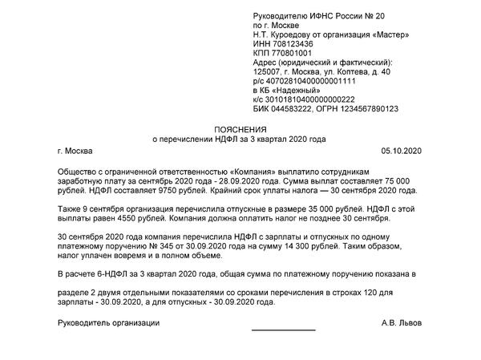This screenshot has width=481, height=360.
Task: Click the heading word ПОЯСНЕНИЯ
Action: click(x=240, y=128)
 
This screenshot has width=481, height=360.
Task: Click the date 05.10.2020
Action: click(x=400, y=150)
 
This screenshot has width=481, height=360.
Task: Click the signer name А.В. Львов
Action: click(x=402, y=323)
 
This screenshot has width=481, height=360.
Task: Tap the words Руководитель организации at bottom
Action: click(x=109, y=323)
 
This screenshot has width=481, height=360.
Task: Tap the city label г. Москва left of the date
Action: click(x=75, y=150)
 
